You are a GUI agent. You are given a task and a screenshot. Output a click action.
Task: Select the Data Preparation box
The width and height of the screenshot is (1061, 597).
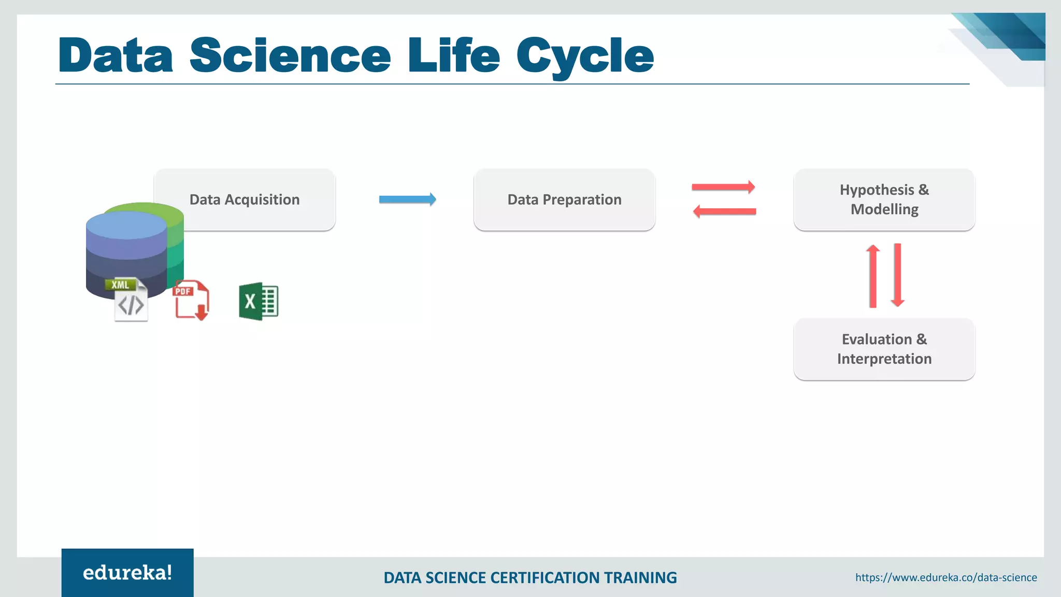click(564, 200)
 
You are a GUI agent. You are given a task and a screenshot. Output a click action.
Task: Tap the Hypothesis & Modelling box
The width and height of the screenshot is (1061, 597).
click(884, 200)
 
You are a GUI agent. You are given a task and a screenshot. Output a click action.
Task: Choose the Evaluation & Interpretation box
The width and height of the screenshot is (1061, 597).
click(884, 349)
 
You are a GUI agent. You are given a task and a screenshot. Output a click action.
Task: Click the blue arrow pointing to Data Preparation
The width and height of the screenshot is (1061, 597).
click(407, 200)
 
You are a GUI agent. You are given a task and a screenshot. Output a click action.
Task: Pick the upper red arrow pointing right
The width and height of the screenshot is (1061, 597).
click(723, 187)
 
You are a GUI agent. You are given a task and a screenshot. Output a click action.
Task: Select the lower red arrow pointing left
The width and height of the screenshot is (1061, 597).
click(724, 211)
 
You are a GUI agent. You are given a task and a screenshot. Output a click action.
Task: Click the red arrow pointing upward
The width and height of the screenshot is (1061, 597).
click(873, 276)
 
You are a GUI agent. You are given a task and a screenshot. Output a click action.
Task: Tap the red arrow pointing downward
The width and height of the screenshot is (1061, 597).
click(898, 275)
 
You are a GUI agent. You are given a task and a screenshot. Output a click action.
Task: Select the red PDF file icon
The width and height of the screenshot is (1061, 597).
click(191, 300)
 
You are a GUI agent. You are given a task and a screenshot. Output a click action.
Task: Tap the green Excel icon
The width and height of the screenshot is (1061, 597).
click(259, 301)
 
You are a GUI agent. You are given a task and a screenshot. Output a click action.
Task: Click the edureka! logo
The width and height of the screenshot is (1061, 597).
click(127, 573)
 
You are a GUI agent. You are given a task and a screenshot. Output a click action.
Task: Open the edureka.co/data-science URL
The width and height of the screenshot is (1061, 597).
click(945, 577)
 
